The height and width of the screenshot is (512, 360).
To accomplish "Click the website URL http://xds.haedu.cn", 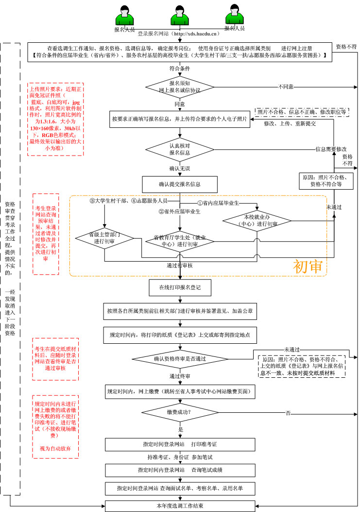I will point(196,34).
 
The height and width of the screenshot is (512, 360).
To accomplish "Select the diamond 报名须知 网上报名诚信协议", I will point(180,87).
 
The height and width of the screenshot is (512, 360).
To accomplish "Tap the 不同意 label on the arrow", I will point(286,87).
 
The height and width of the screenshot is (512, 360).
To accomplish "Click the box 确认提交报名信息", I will point(180,184).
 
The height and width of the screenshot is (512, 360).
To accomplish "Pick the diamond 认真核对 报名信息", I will point(180,149).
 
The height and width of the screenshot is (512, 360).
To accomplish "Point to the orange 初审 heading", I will point(308,266).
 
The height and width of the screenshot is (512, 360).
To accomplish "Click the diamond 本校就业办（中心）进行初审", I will point(257,220).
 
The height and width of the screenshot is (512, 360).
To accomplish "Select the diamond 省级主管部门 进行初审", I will point(104,238).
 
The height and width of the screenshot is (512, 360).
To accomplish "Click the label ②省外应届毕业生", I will point(179,212).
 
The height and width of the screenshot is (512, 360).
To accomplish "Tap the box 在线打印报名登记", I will point(180,287).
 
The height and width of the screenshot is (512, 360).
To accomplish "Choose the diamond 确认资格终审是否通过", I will point(180,359).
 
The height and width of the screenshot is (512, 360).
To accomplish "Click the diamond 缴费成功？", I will point(180,413).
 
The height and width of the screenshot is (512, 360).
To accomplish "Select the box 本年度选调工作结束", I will point(180,506).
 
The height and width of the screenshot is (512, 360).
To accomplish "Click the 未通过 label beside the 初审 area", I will point(334,207).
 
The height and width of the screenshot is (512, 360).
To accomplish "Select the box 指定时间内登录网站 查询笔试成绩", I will point(180,470).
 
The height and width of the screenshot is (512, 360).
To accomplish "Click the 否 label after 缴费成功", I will point(288,413).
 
